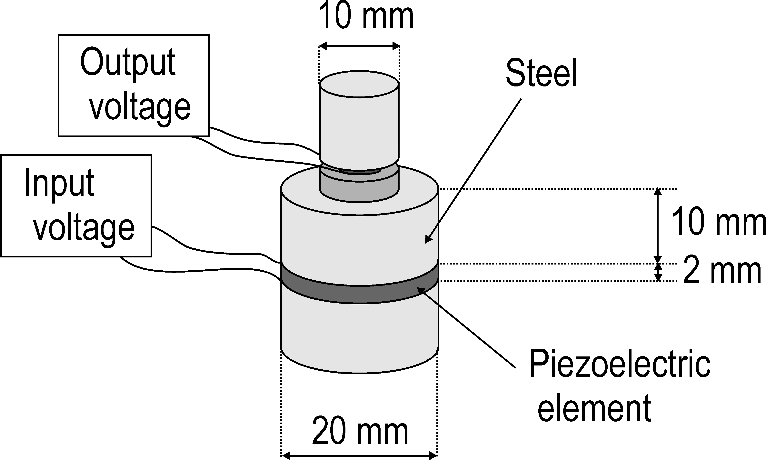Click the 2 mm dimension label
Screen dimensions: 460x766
point(721,272)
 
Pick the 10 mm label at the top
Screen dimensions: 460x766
point(366,16)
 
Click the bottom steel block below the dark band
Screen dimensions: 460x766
point(359,335)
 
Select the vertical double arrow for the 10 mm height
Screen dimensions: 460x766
point(658,226)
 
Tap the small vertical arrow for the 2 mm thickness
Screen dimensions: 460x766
point(658,272)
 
